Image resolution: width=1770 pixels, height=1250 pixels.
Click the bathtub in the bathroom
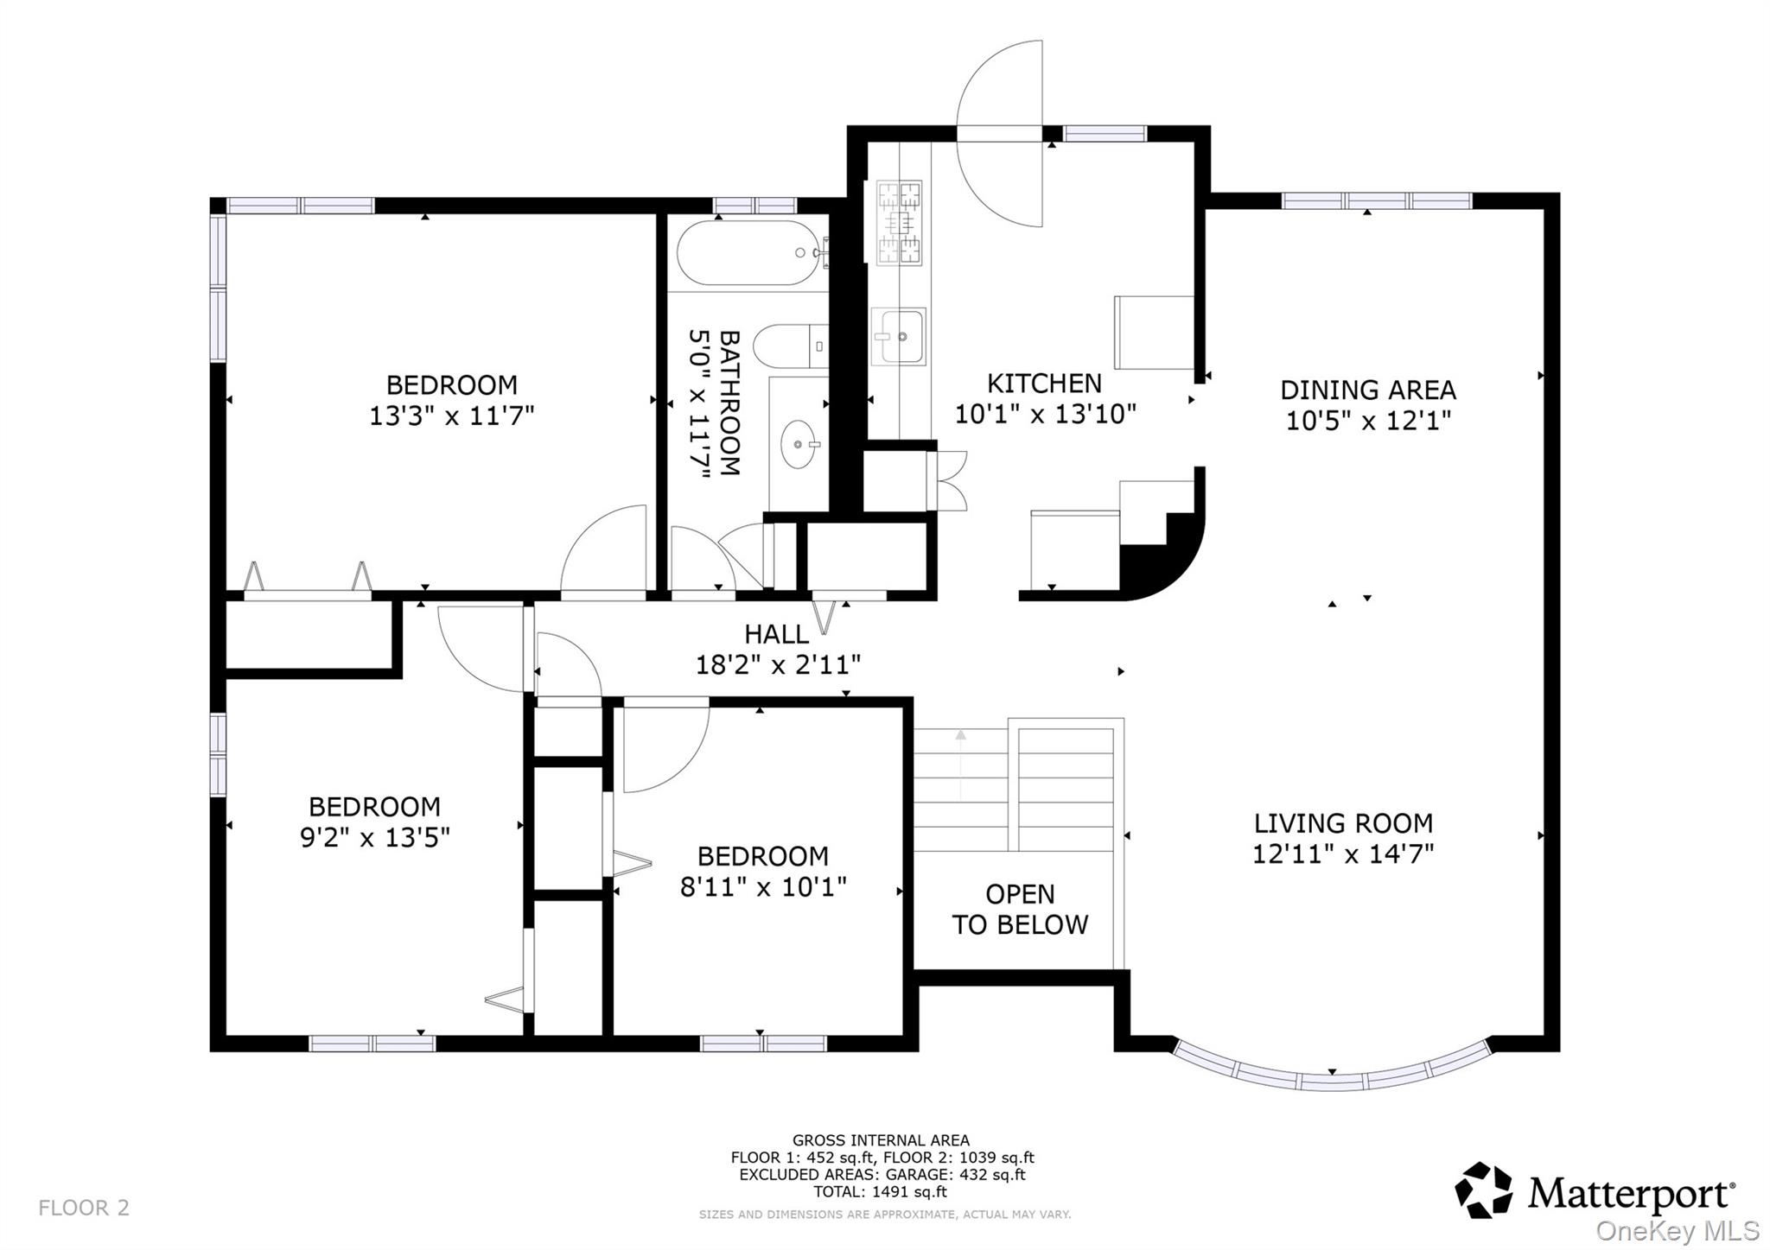748,252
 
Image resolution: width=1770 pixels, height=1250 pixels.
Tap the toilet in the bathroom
788,347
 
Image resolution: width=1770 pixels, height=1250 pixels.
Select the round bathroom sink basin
798,444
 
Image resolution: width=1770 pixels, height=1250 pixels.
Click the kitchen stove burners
900,223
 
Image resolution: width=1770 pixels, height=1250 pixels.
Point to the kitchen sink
899,336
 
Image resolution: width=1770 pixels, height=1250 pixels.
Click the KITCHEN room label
1044,383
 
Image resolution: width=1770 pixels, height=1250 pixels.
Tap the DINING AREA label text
1367,390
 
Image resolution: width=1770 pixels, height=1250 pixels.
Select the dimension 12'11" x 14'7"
1342,853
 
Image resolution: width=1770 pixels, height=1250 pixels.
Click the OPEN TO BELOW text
1020,909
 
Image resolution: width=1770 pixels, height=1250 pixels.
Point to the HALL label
776,634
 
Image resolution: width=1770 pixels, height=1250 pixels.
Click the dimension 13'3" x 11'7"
451,416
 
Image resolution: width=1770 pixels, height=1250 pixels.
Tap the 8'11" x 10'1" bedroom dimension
762,887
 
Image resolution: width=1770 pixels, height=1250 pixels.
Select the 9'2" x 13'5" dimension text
374,837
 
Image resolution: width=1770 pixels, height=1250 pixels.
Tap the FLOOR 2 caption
84,1207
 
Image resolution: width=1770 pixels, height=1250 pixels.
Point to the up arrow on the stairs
960,737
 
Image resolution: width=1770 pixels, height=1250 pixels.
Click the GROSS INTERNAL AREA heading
881,1140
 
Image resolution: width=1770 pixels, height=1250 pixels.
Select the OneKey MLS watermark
1677,1230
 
